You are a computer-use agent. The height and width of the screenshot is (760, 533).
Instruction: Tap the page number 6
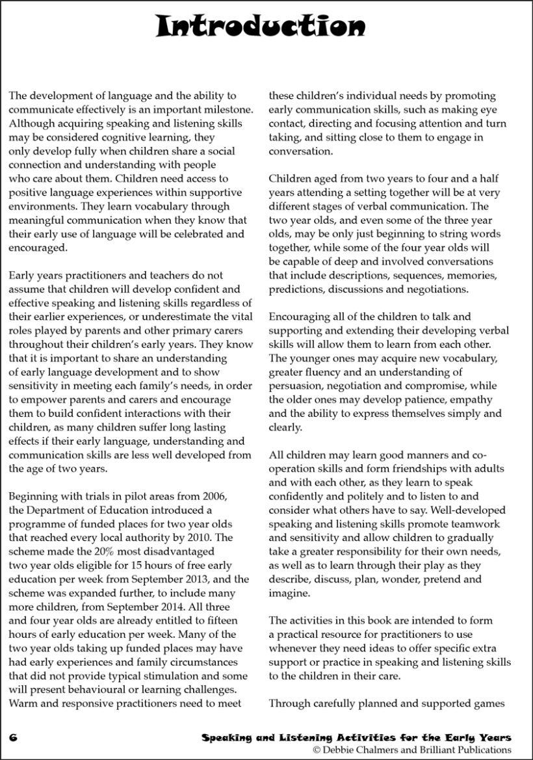tap(12, 737)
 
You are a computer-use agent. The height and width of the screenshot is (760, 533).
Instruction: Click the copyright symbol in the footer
tap(317, 750)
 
